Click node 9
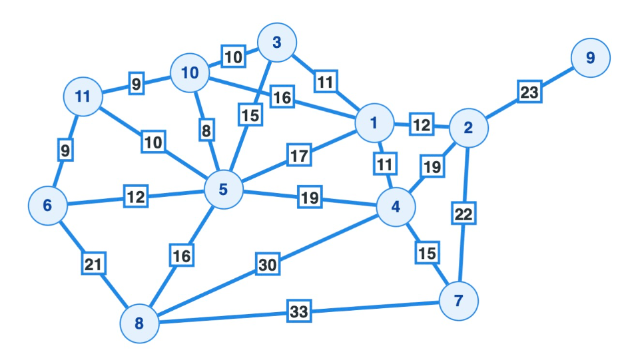coord(590,58)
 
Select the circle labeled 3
coord(276,43)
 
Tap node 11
coord(83,96)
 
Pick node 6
coord(47,206)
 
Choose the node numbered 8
coord(139,324)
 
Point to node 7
coord(458,301)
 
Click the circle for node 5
coord(223,190)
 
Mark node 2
coord(468,128)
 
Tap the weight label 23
coord(529,92)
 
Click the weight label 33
coord(300,311)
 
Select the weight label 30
coord(267,264)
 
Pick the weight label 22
coord(464,214)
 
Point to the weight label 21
coord(94,264)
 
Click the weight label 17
coord(300,156)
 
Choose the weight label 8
coord(206,130)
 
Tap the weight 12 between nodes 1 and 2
coord(421,124)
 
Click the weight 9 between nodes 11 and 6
coord(65,151)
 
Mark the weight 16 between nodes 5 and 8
coord(182,255)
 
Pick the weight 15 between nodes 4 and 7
coord(427,253)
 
